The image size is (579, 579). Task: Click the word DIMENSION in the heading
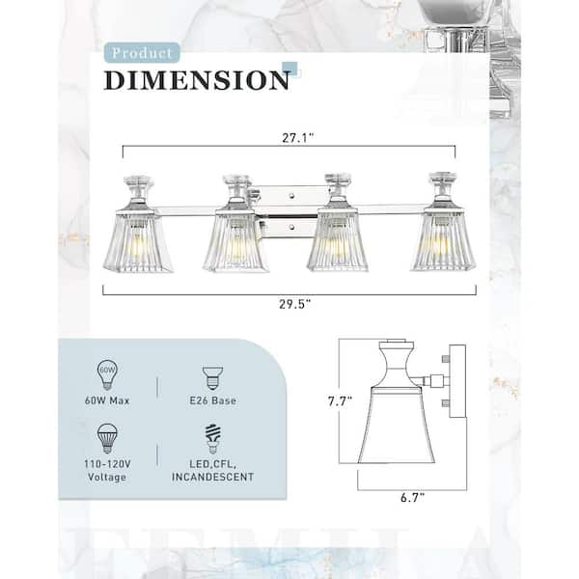coord(197,80)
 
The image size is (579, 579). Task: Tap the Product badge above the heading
coord(142,53)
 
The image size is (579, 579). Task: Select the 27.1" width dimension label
coord(297,138)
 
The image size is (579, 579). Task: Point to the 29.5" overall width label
coord(294,304)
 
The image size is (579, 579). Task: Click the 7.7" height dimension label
coord(340,401)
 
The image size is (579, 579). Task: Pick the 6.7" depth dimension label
coord(412,497)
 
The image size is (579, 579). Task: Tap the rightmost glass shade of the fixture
coord(443,240)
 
